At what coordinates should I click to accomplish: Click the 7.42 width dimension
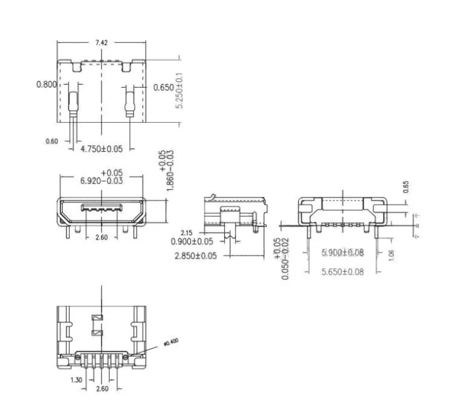click(102, 43)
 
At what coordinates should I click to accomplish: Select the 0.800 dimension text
click(47, 84)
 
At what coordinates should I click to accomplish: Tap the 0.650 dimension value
click(163, 88)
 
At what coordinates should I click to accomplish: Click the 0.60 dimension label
click(52, 141)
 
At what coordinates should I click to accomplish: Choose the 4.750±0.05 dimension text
click(101, 149)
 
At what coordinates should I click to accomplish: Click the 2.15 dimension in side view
click(186, 233)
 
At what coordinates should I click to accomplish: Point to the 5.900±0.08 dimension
click(343, 253)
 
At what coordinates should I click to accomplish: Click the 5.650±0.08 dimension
click(343, 273)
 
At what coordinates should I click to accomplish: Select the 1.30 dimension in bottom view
click(77, 380)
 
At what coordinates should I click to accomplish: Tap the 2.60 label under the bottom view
click(101, 389)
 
